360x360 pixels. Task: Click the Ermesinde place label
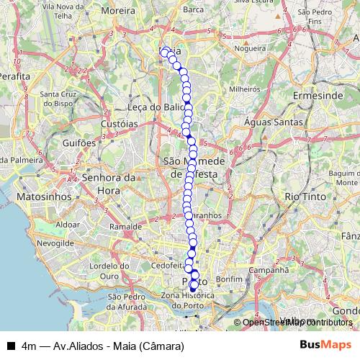tap(316, 95)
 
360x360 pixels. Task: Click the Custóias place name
tap(119, 124)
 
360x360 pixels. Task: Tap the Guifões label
tap(79, 143)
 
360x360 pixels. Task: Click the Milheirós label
tap(244, 91)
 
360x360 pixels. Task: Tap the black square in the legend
tap(10, 346)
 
